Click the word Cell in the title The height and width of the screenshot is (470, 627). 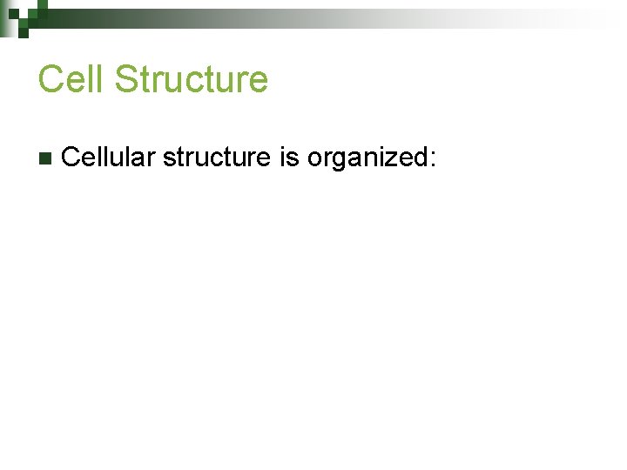(x=71, y=79)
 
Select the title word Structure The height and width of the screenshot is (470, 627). (x=191, y=79)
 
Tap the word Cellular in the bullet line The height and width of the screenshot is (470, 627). (x=109, y=158)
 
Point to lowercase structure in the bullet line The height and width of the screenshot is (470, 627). (x=216, y=158)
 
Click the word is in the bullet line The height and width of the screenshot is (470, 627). (x=288, y=158)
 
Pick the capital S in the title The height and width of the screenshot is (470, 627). (x=126, y=79)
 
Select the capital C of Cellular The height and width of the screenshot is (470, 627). (x=72, y=158)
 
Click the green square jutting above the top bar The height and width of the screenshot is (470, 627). (x=43, y=3)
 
